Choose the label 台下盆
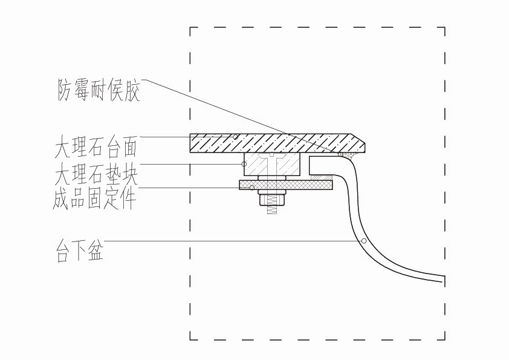click(x=79, y=252)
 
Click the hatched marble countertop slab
click(x=272, y=143)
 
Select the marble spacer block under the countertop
click(x=273, y=165)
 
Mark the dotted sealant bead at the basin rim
click(x=348, y=155)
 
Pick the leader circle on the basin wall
click(x=364, y=241)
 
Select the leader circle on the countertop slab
click(x=235, y=136)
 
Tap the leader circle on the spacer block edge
click(x=244, y=164)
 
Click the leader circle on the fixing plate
click(x=251, y=187)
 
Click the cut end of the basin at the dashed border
click(x=444, y=280)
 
